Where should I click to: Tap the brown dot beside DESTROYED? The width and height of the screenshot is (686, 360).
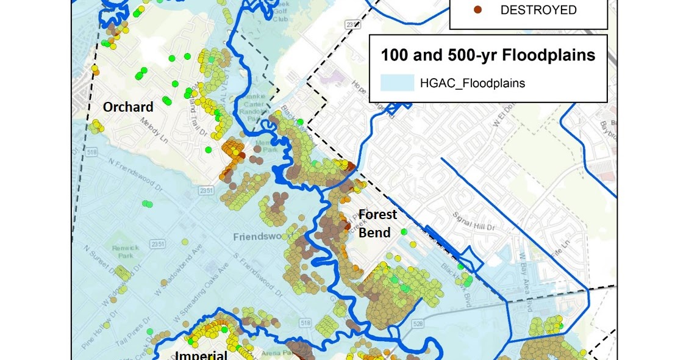pyautogui.click(x=478, y=10)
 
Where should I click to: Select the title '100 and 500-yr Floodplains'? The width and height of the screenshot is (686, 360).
pyautogui.click(x=488, y=55)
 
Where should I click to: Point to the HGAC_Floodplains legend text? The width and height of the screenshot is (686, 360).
pyautogui.click(x=472, y=84)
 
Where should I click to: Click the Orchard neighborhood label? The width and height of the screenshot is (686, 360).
pyautogui.click(x=127, y=107)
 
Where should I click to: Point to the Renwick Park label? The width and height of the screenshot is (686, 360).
pyautogui.click(x=125, y=252)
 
